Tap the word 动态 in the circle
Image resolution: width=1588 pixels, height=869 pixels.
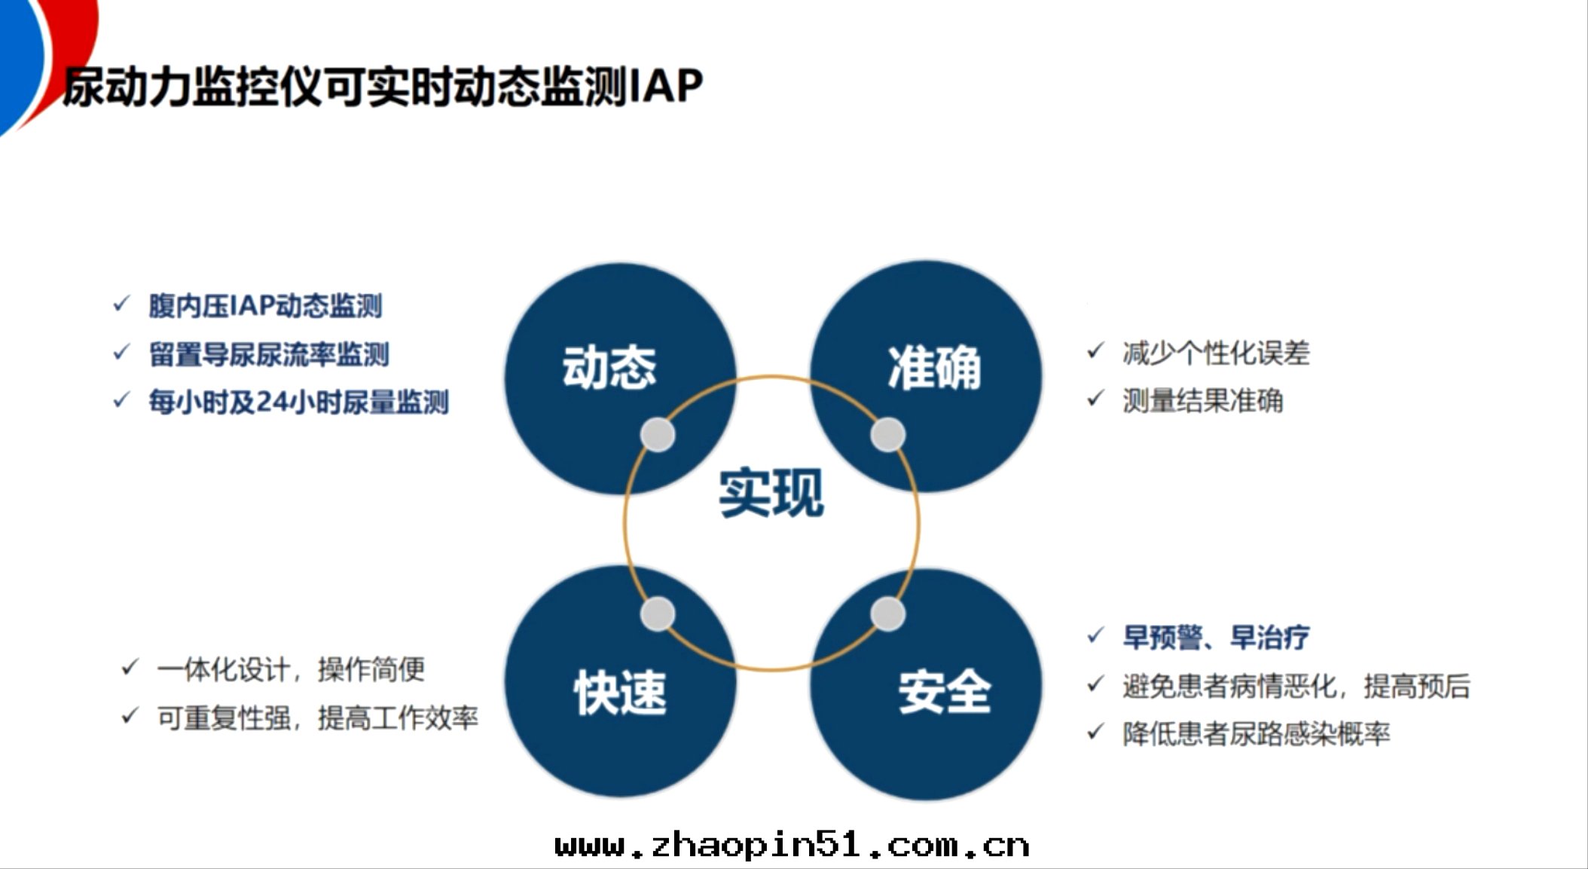coord(609,368)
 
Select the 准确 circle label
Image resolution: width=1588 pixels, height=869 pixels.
coord(934,368)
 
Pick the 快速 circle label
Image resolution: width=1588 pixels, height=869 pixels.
coord(620,693)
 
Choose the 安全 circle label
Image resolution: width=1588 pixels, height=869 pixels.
coord(944,691)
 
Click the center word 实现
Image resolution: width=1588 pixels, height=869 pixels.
coord(771,494)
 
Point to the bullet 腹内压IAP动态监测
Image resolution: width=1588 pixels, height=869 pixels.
coord(265,306)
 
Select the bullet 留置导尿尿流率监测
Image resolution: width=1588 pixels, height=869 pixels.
coord(269,354)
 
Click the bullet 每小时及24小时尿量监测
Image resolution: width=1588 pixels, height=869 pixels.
coord(298,402)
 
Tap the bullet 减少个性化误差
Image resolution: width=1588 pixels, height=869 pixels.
coord(1216,353)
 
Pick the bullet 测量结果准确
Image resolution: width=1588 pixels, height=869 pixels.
coord(1202,401)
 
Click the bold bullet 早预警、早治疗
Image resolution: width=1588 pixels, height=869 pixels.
coord(1216,638)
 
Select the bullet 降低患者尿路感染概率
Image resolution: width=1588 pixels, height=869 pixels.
coord(1256,733)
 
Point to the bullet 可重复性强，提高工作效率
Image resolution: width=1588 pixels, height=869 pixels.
coord(317,718)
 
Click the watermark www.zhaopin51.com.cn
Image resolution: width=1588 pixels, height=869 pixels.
coord(792,846)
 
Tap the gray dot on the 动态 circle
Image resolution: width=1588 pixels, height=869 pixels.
coord(658,435)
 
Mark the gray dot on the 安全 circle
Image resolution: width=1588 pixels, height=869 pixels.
coord(888,614)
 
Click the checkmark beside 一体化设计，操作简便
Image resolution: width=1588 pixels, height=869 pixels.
coord(130,668)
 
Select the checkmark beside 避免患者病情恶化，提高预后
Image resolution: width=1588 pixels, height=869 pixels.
coord(1095,685)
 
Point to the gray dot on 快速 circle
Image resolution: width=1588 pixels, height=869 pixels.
coord(658,614)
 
